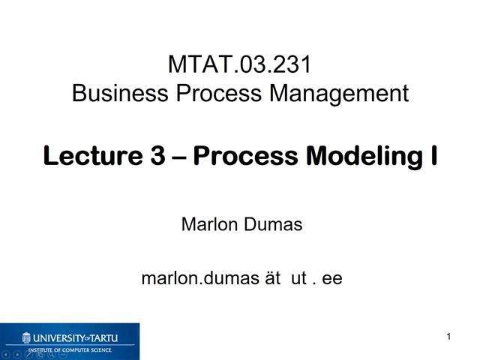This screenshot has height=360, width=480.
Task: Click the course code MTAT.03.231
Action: click(239, 65)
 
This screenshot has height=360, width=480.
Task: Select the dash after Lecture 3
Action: click(179, 157)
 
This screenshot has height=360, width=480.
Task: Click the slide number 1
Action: click(448, 337)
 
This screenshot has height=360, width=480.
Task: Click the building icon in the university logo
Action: click(27, 337)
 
